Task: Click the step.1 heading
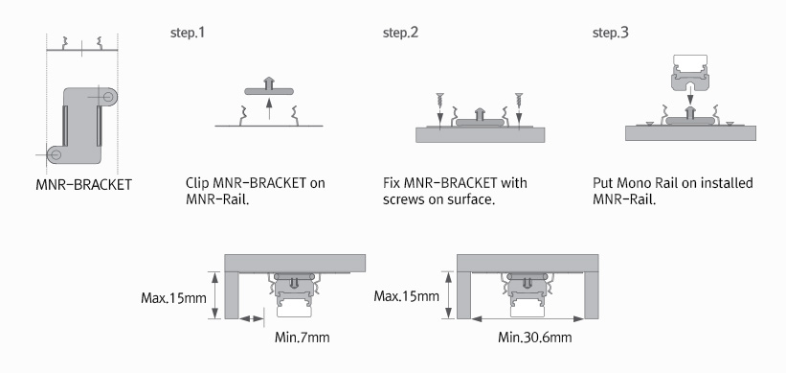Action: [x=188, y=34]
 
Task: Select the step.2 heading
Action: [x=400, y=34]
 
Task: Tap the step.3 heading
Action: [x=611, y=34]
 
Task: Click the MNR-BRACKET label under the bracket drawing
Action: [x=83, y=185]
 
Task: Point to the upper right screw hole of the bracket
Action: [x=108, y=96]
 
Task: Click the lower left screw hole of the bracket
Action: [x=56, y=154]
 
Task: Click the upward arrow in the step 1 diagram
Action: [x=269, y=109]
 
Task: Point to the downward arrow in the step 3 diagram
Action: [x=689, y=94]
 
